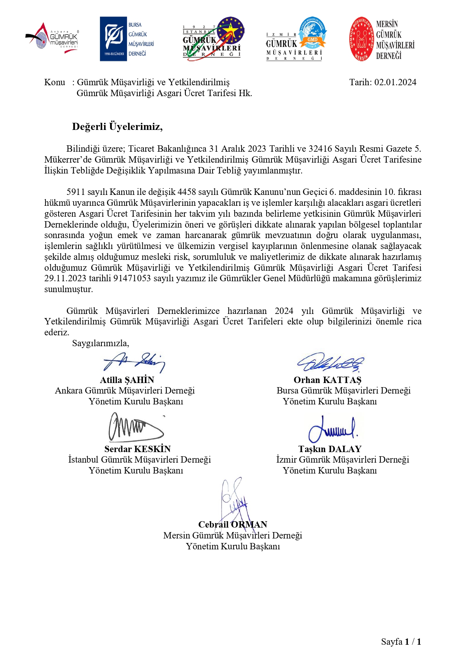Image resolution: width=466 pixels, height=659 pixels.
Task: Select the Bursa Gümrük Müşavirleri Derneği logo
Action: click(x=127, y=39)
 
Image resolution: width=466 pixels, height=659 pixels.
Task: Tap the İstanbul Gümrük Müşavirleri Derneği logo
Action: click(x=213, y=39)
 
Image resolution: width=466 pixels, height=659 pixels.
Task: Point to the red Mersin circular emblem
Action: click(x=361, y=39)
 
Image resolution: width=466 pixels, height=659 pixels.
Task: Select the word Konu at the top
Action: click(x=54, y=82)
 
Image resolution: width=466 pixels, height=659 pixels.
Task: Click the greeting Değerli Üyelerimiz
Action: click(x=117, y=127)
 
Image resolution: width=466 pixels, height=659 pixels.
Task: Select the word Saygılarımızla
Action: click(x=100, y=343)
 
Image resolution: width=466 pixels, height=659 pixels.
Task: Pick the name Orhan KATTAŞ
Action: click(x=327, y=380)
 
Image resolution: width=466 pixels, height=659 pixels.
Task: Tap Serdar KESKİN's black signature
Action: click(x=135, y=427)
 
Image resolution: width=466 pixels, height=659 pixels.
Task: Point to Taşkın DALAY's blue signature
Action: click(x=332, y=429)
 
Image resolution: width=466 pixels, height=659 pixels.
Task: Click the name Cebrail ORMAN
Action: click(x=232, y=525)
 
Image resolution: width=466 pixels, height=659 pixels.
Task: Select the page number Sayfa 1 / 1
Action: click(x=401, y=642)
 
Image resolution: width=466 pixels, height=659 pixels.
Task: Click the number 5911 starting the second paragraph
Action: click(x=76, y=192)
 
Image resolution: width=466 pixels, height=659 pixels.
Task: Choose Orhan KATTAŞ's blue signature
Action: click(x=330, y=362)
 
